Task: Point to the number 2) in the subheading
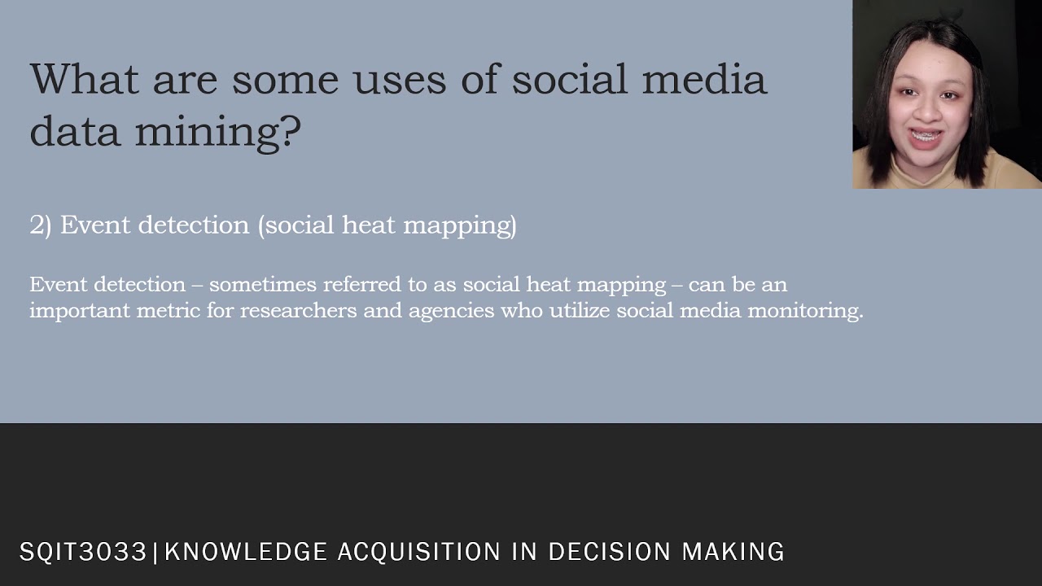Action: (41, 225)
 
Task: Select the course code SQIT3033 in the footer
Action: (83, 552)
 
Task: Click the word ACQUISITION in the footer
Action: (418, 552)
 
